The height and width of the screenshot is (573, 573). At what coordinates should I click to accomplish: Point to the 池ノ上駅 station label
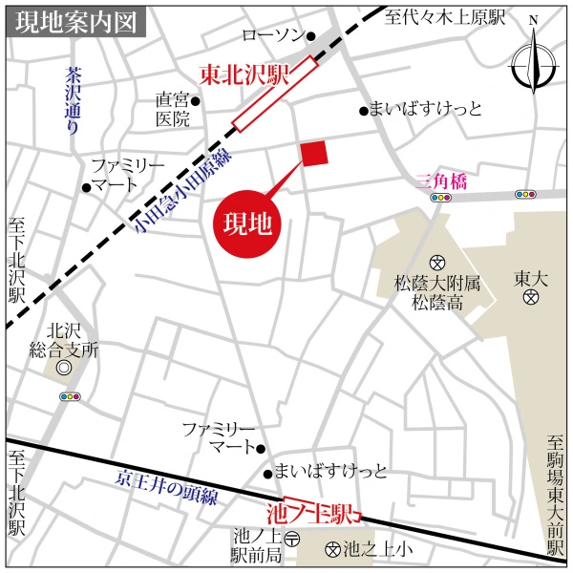pos(321,512)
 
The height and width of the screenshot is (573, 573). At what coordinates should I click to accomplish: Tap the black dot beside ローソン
pos(310,36)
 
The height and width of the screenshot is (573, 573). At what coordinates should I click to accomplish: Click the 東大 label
pos(531,278)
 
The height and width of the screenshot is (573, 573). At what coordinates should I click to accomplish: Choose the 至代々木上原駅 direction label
pos(445,17)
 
